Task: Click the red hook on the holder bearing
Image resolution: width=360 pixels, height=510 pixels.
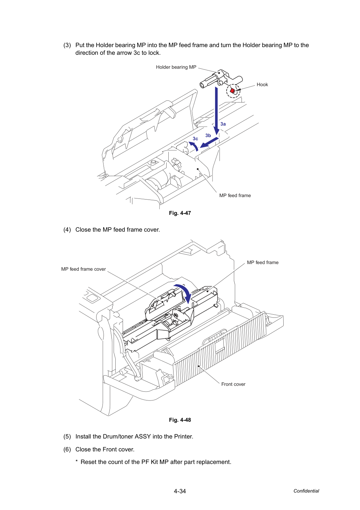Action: click(232, 91)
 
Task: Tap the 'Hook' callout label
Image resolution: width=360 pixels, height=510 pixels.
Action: click(262, 84)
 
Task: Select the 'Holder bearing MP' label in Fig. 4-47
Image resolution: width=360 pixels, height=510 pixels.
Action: click(176, 67)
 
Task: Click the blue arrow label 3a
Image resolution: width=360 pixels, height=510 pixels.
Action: click(223, 124)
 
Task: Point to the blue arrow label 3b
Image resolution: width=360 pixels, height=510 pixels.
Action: click(208, 135)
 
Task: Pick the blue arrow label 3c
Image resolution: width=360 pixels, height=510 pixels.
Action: click(196, 138)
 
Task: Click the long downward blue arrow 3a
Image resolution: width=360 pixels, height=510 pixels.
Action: click(216, 111)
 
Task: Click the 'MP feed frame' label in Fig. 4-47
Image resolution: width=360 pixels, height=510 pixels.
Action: click(235, 195)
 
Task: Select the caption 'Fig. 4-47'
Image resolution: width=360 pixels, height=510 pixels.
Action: click(180, 213)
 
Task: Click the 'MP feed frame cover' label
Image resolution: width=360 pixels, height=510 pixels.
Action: click(83, 269)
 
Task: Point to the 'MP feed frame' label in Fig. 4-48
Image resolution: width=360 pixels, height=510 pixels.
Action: click(263, 263)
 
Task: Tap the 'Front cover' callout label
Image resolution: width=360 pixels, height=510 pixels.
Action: click(233, 384)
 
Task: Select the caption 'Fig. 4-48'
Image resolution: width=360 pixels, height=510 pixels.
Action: click(180, 420)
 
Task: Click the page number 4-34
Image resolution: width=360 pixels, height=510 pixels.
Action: click(180, 491)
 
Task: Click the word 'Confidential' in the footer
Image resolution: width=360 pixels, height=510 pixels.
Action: click(306, 491)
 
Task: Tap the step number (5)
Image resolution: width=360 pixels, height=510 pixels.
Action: click(67, 436)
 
